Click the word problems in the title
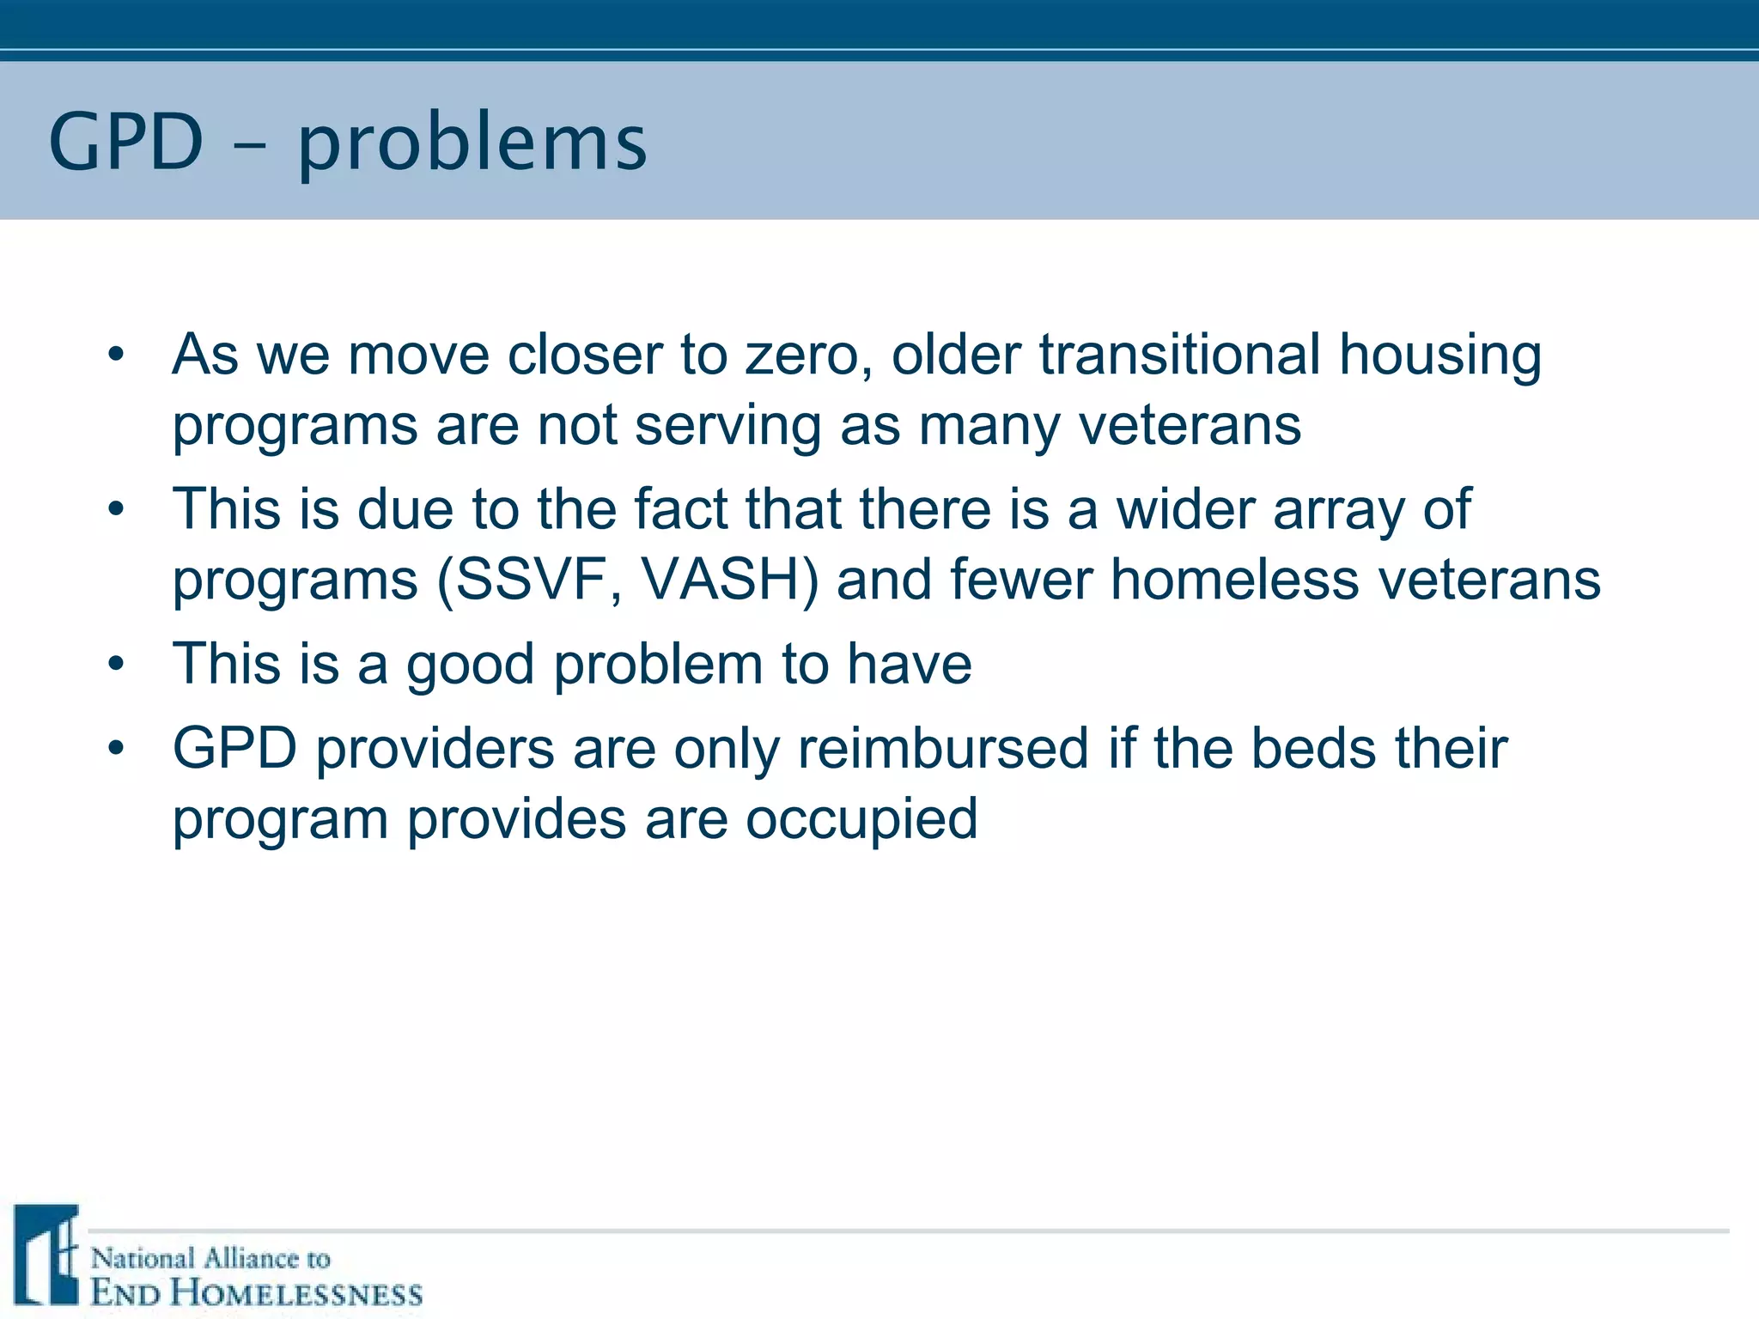(x=472, y=144)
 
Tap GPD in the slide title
(x=126, y=142)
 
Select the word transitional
(x=1180, y=355)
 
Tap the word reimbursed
(x=943, y=748)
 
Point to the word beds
(x=1313, y=748)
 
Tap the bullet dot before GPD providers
(x=117, y=748)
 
